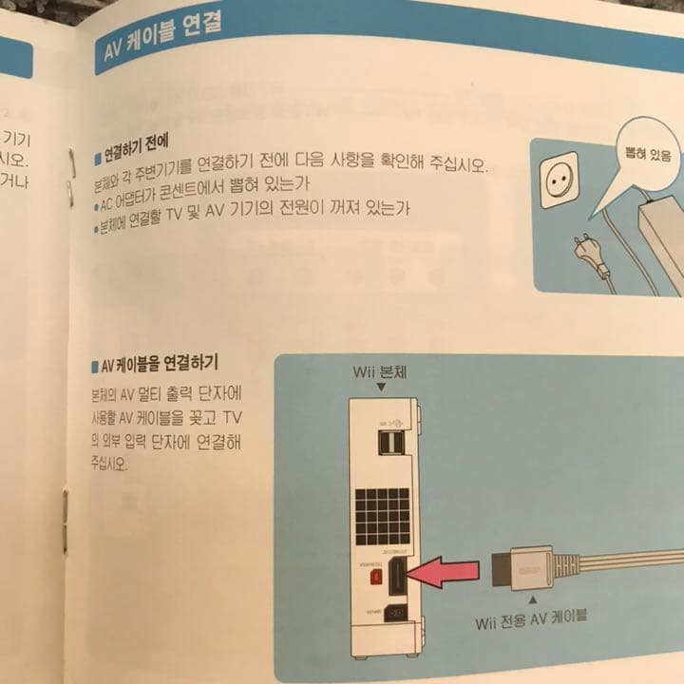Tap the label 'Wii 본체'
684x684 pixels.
[379, 372]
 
